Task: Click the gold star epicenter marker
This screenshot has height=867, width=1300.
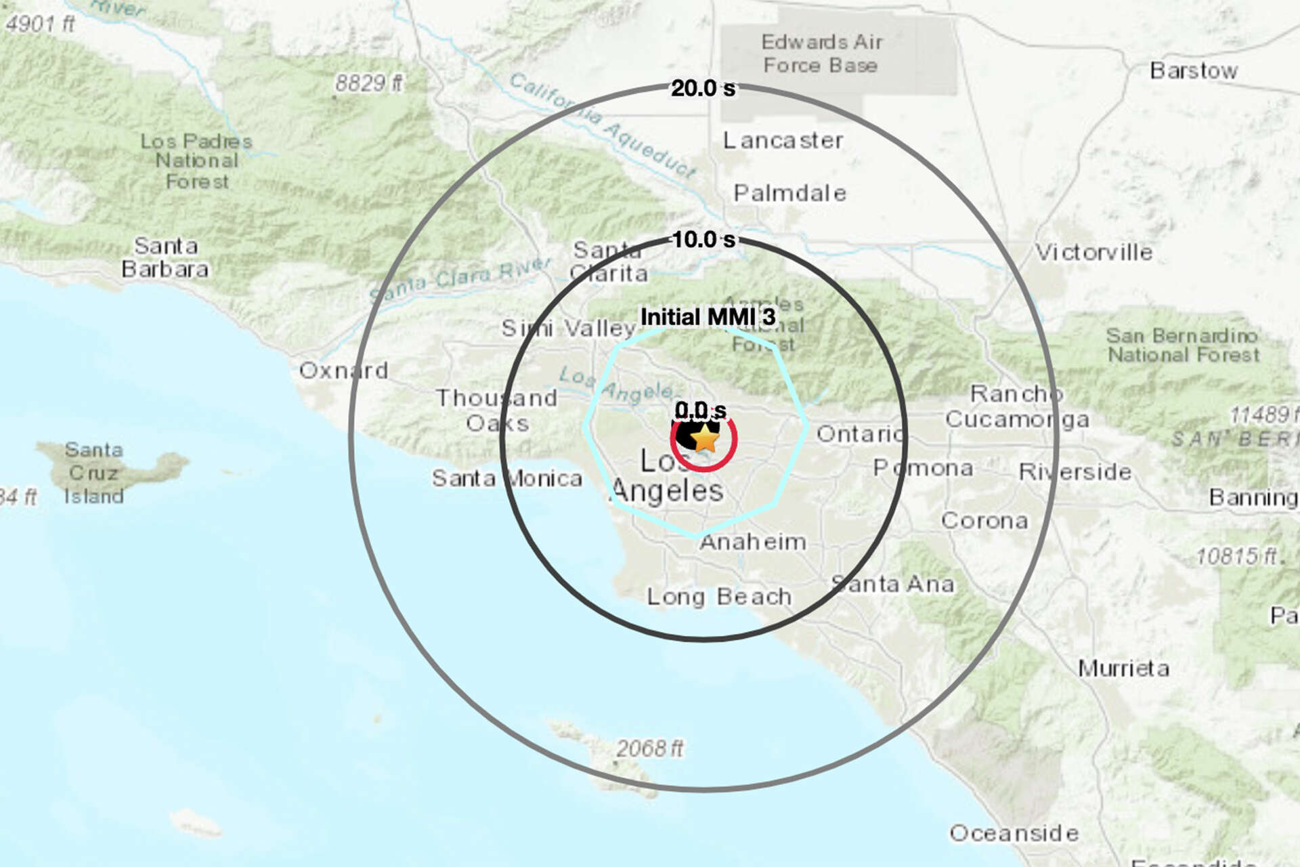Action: click(x=706, y=438)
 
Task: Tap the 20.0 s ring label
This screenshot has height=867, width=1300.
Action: click(x=703, y=88)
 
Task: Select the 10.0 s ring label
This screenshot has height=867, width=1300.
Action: click(x=703, y=239)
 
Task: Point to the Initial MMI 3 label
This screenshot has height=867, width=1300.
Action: click(x=708, y=316)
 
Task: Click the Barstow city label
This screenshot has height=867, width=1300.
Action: click(x=1193, y=70)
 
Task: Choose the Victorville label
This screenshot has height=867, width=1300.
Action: click(x=1093, y=253)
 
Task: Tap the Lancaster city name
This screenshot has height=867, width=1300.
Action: click(x=783, y=140)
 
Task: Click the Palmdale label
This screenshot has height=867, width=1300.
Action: click(x=789, y=194)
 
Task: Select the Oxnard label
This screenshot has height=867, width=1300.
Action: click(x=344, y=371)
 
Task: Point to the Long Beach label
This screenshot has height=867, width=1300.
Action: click(x=719, y=597)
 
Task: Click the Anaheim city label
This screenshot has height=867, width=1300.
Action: click(x=753, y=542)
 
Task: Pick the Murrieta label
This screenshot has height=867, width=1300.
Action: click(x=1123, y=669)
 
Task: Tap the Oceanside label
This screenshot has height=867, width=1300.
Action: click(x=1014, y=833)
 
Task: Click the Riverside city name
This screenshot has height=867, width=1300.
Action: click(x=1075, y=471)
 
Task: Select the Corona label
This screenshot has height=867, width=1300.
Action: click(x=984, y=520)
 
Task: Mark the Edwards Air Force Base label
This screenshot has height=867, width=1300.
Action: click(x=821, y=54)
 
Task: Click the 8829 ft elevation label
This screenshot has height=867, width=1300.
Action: click(x=369, y=83)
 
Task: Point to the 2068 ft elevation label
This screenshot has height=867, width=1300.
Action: click(x=649, y=748)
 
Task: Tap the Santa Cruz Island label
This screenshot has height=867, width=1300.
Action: click(x=94, y=473)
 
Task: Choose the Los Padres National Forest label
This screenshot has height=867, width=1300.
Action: click(x=196, y=161)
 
